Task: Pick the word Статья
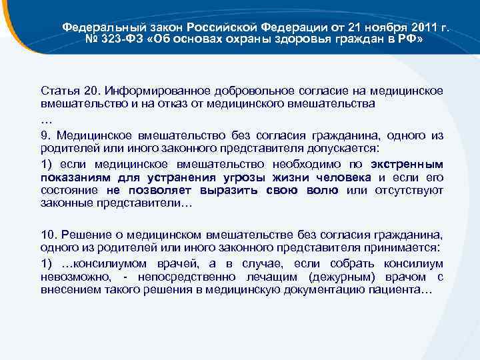[59, 91]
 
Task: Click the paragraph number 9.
[45, 135]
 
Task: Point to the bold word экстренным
[407, 164]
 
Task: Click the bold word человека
[340, 177]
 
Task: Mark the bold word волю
[322, 191]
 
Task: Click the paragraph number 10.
[47, 234]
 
